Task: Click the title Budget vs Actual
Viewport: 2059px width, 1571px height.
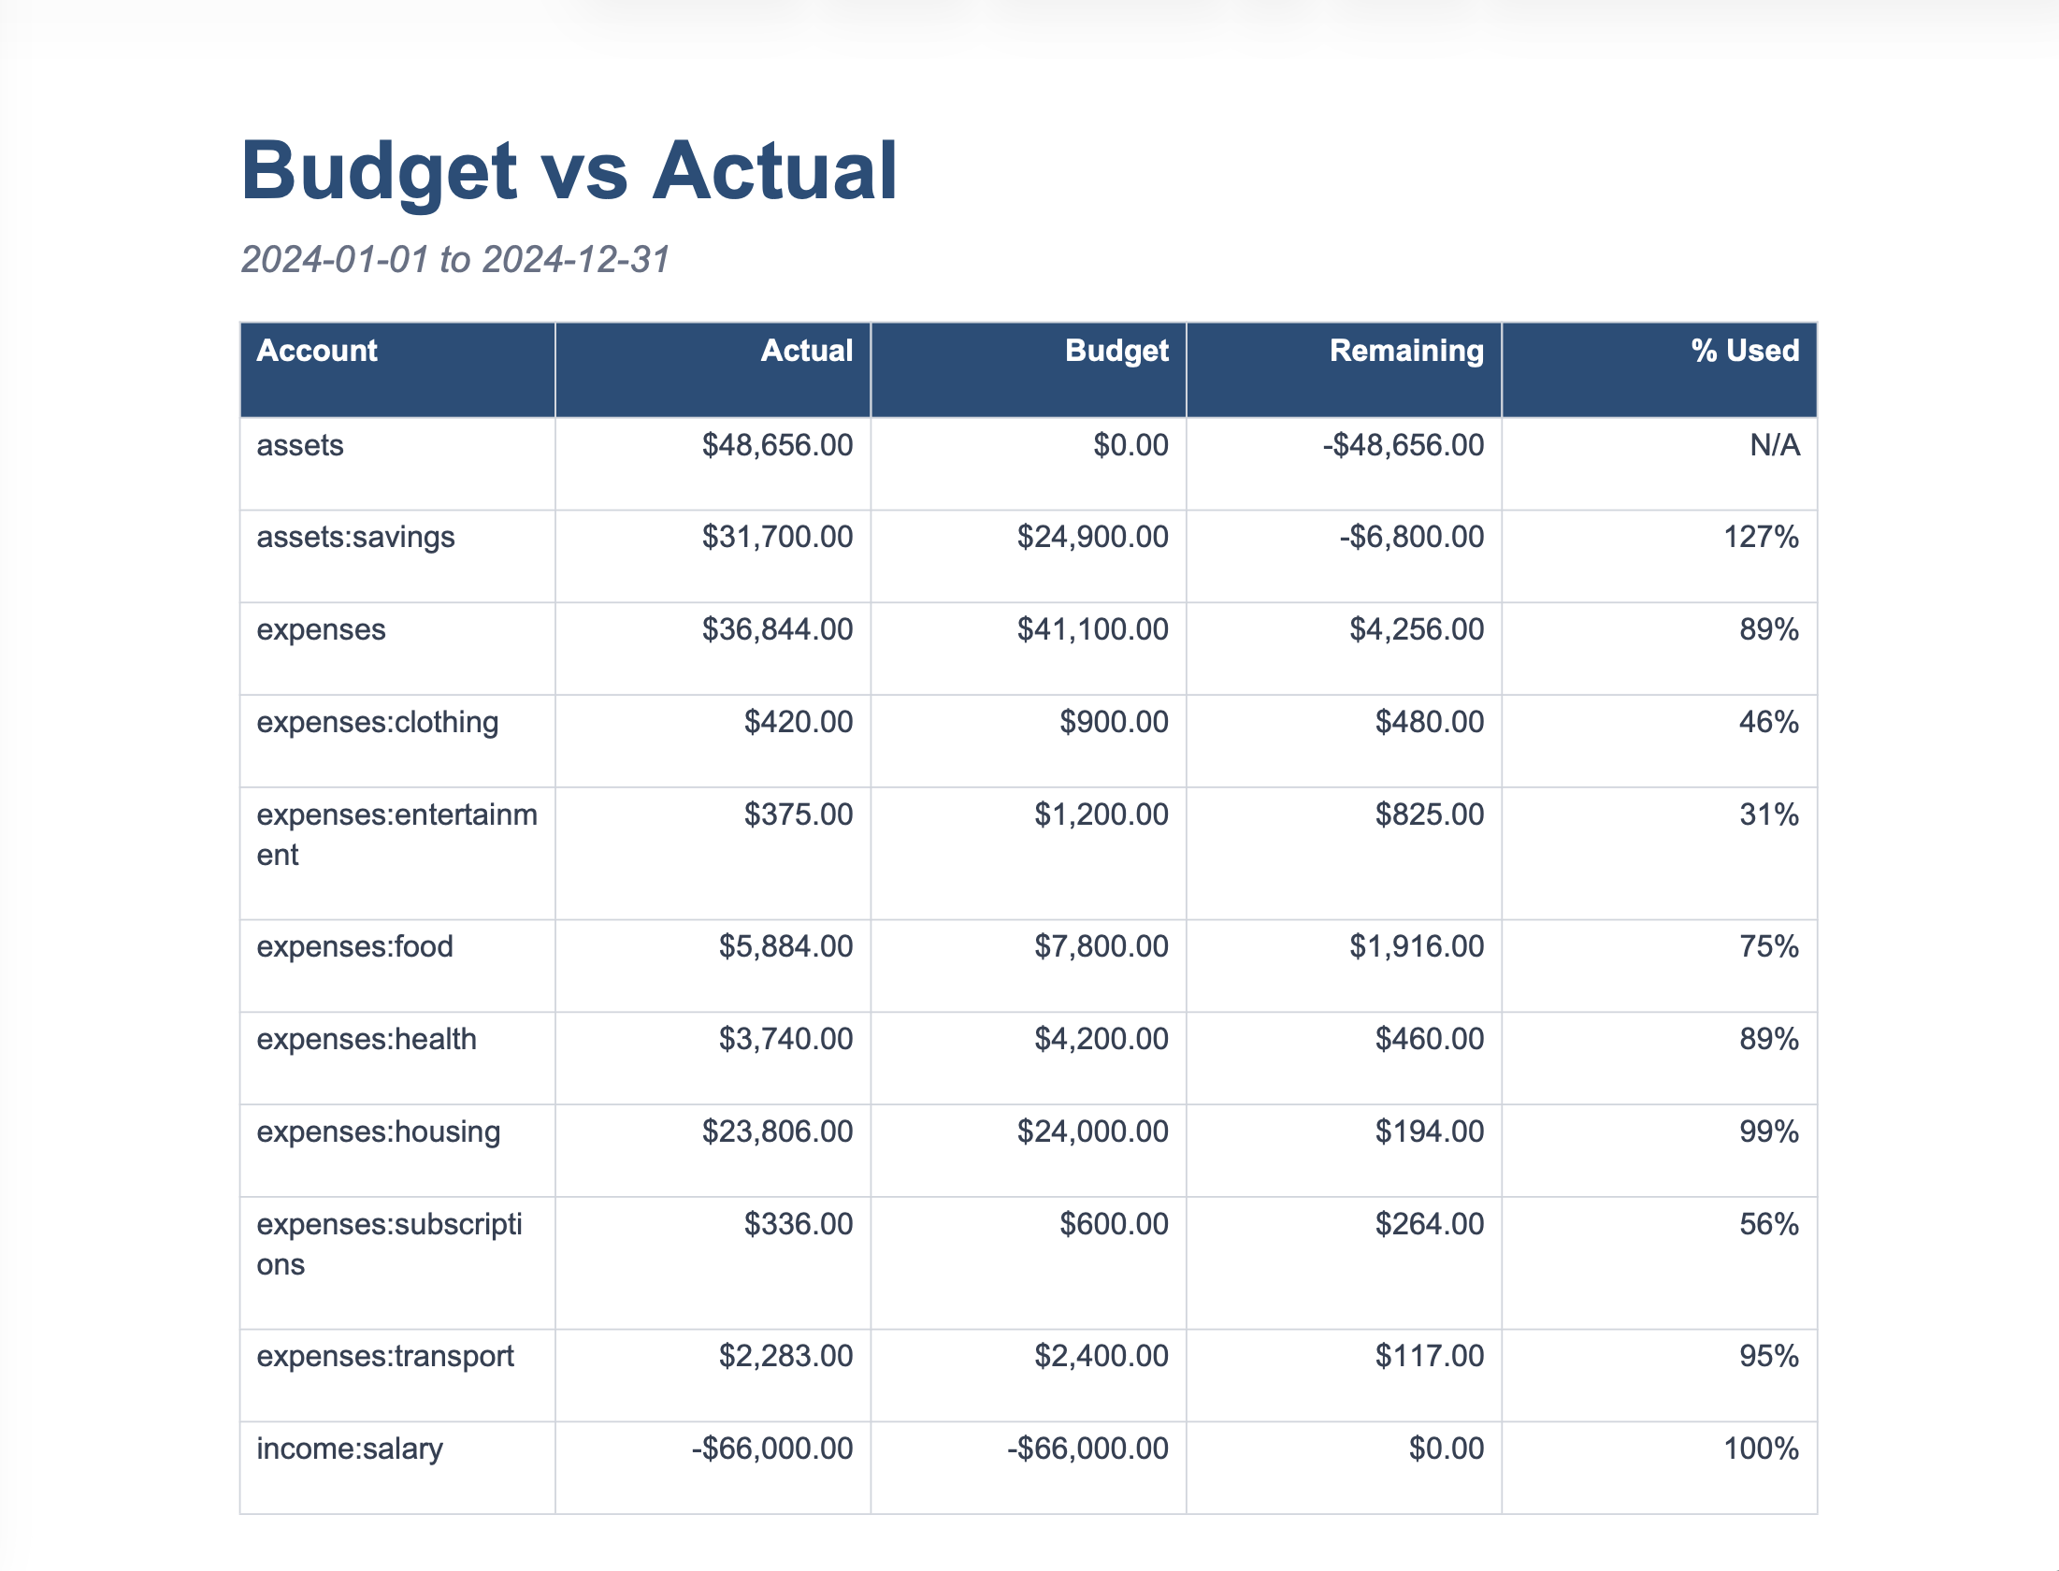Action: pos(569,171)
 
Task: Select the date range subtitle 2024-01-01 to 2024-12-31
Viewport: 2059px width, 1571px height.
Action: pos(455,260)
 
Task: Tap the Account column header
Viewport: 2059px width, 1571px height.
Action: pos(317,351)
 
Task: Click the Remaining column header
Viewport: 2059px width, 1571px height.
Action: pos(1406,351)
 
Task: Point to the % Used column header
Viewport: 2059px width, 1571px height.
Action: pos(1745,351)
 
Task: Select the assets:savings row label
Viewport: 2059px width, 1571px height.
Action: pos(355,538)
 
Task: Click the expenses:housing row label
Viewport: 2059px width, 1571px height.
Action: pos(378,1132)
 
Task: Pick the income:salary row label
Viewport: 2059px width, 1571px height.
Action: pos(350,1449)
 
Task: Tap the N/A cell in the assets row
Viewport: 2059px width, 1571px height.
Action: pos(1775,446)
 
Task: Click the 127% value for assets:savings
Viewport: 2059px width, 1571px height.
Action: pos(1761,538)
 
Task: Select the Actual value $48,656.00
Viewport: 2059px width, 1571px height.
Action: pos(777,446)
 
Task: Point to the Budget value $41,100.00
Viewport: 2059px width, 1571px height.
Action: pos(1092,630)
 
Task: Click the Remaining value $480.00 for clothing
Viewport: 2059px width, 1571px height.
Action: pos(1429,723)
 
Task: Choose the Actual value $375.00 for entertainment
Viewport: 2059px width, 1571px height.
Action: pos(798,815)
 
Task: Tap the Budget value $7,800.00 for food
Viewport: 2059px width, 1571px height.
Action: pos(1101,947)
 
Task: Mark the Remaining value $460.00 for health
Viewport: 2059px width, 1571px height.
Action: pos(1429,1040)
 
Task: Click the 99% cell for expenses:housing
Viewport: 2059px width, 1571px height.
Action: pos(1768,1132)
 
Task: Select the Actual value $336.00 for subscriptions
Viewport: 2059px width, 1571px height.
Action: pos(798,1225)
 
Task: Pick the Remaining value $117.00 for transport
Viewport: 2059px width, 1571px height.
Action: pos(1429,1357)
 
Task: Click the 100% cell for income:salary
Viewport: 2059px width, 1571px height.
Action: pos(1761,1449)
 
